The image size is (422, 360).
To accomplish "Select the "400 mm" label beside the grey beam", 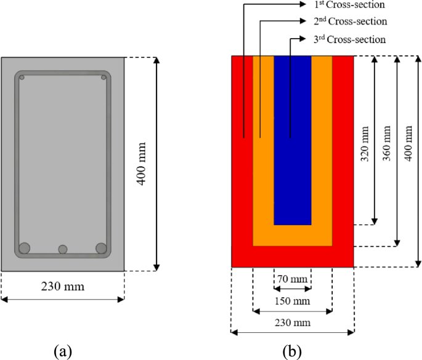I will coord(141,163).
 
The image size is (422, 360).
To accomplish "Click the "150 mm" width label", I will coord(292,302).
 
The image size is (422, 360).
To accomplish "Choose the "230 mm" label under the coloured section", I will coord(292,322).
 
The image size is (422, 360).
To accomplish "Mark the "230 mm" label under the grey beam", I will coord(62,287).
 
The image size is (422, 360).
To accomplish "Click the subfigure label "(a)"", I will coord(62,351).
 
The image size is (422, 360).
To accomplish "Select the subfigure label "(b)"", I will coord(291,351).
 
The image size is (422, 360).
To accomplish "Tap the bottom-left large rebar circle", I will coord(25,248).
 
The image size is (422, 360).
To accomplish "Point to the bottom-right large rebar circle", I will coord(102,248).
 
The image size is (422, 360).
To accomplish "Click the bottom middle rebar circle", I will coord(63,249).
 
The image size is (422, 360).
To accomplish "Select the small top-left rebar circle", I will coord(22,78).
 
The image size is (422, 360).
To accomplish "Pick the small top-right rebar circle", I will coord(103,78).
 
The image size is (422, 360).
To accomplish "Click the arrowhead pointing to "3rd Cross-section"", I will coord(302,39).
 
